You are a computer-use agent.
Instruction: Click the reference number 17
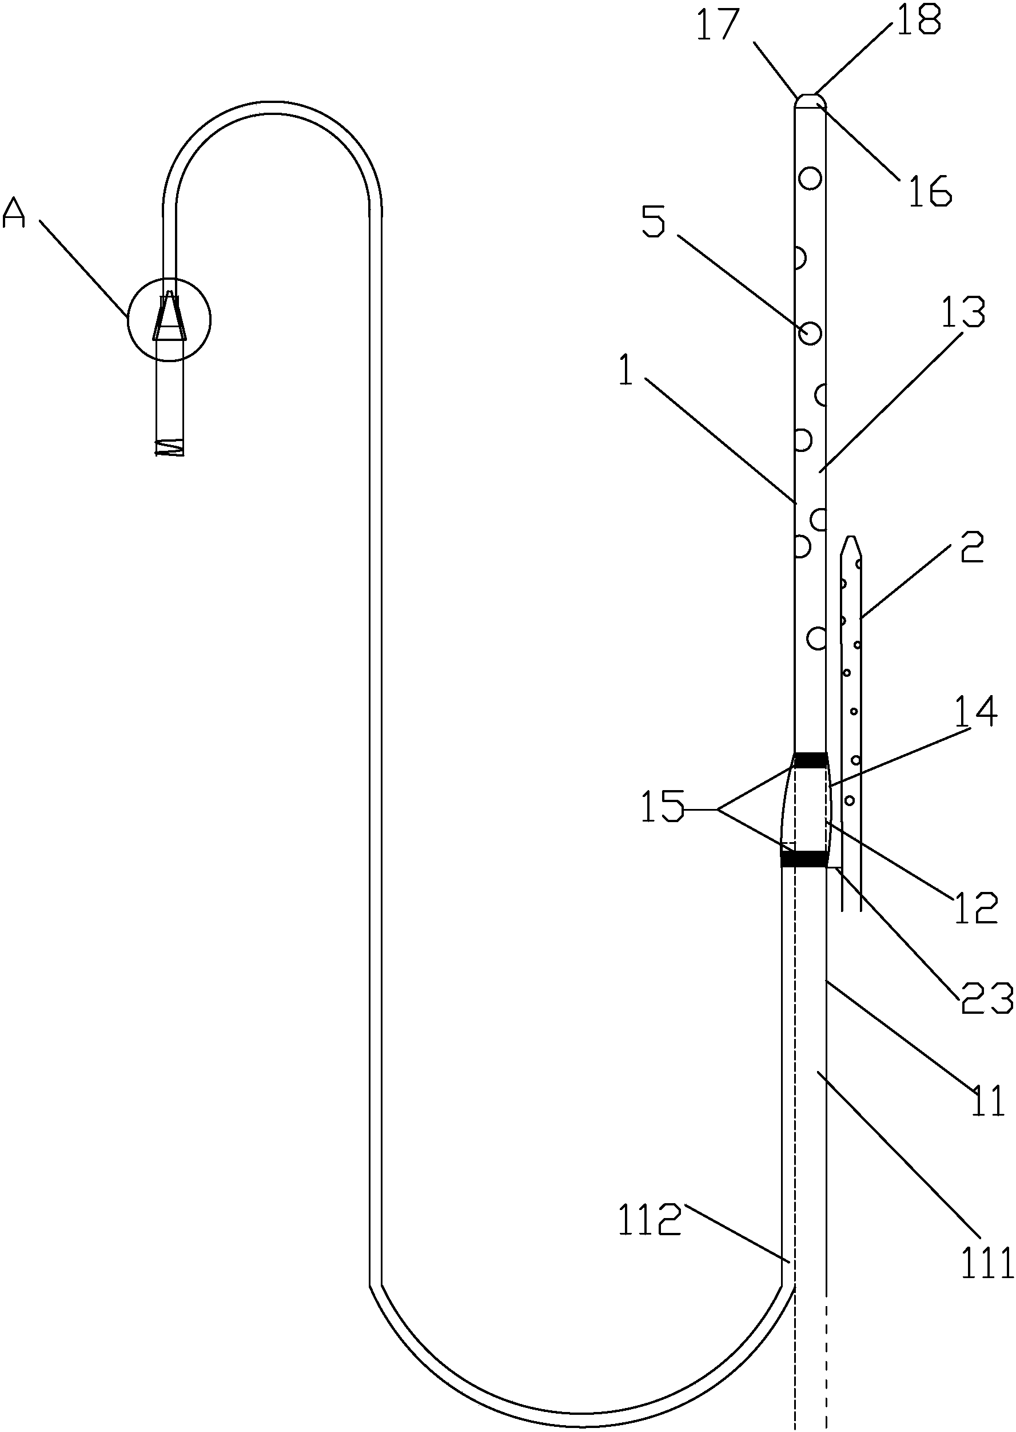718,26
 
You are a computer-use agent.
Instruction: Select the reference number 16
930,191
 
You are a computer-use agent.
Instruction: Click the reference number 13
964,312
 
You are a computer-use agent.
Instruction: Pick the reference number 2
971,547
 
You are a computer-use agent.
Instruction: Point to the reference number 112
649,1220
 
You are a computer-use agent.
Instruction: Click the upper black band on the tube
810,760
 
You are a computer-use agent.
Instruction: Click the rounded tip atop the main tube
810,100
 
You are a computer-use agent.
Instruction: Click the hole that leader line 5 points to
810,333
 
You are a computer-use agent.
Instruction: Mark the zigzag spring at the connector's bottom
170,447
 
